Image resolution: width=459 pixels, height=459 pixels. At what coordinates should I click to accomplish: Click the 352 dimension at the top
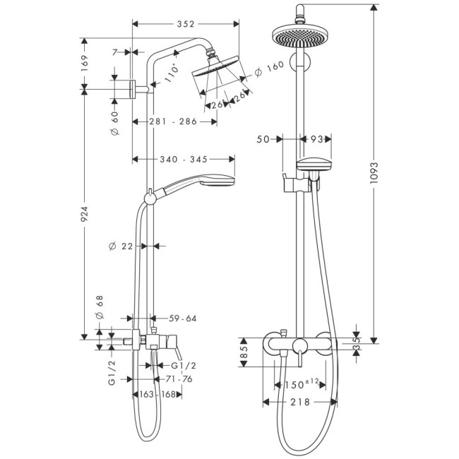(x=186, y=23)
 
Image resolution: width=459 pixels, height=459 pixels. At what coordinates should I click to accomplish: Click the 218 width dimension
(x=299, y=402)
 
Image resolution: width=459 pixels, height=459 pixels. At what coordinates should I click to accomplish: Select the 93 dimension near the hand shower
(x=317, y=139)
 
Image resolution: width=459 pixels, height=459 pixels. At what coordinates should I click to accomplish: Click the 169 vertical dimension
(x=85, y=63)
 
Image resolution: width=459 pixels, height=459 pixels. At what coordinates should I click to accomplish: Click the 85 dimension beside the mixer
(x=244, y=351)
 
